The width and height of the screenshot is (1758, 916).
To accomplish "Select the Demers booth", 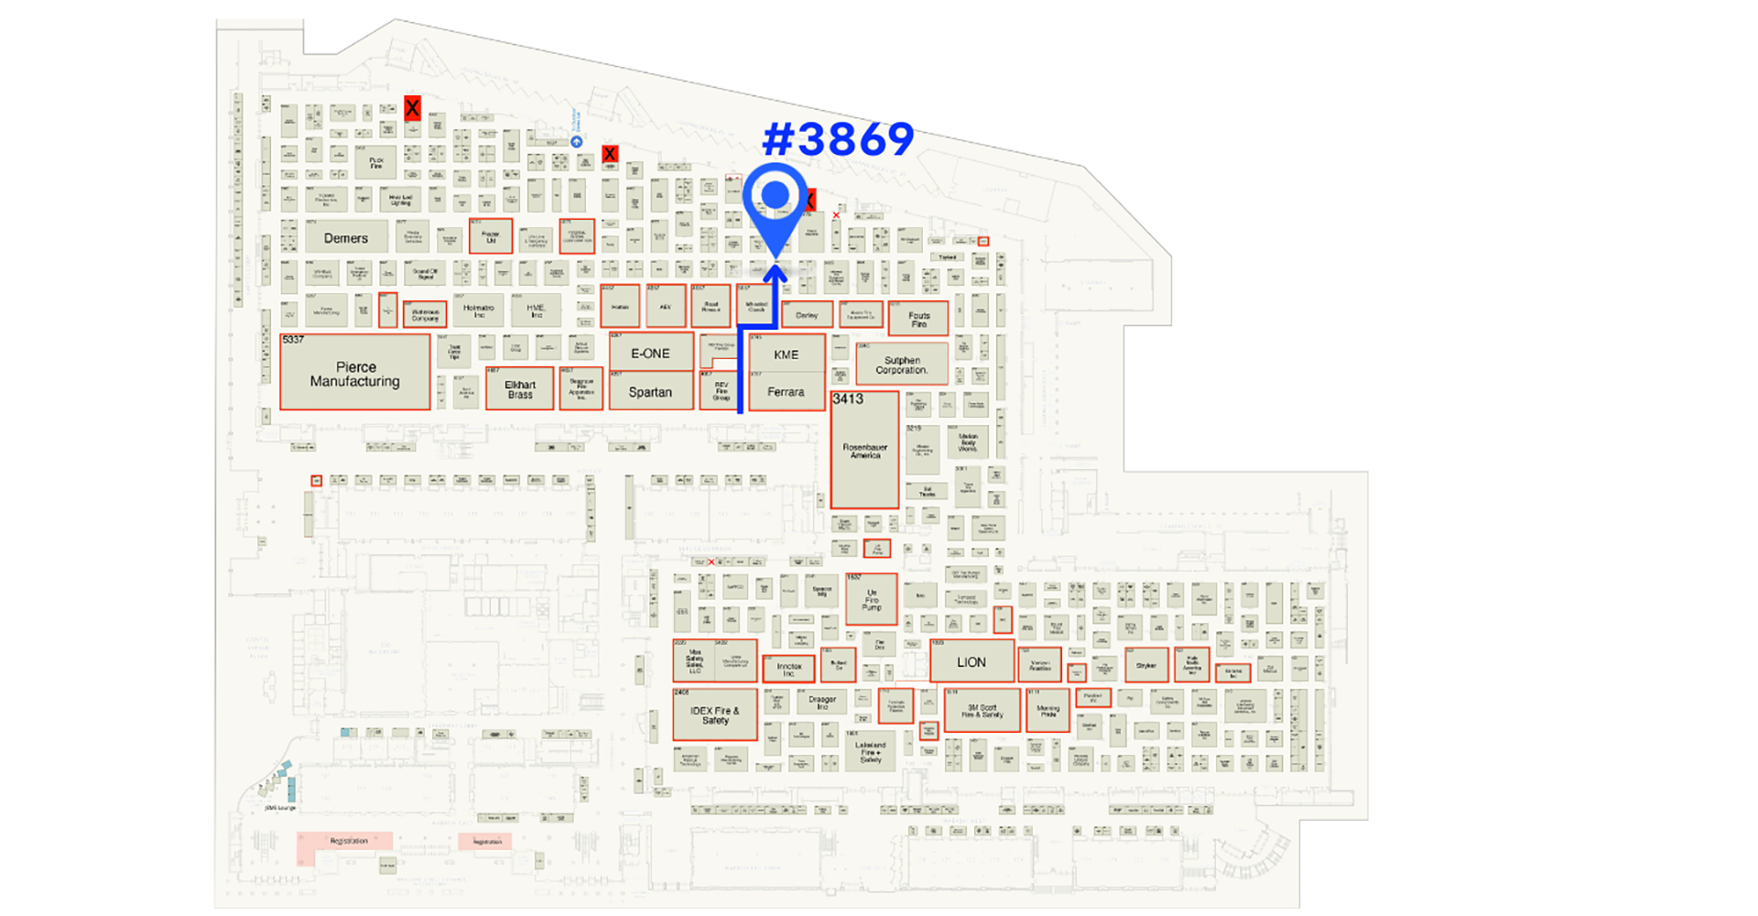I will [345, 237].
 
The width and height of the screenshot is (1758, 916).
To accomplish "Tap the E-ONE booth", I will [650, 353].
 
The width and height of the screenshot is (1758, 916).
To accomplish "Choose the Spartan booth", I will [650, 391].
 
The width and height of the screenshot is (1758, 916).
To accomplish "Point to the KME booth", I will [786, 354].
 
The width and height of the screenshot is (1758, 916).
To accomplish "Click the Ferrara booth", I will [786, 391].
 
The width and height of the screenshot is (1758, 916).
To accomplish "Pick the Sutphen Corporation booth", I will [901, 365].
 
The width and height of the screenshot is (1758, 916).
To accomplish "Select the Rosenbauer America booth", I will [864, 451].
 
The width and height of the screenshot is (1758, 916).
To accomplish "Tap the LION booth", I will [971, 661].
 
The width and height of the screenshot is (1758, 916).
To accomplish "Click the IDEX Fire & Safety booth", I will [714, 714].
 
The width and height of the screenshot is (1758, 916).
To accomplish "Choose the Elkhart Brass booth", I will [519, 388].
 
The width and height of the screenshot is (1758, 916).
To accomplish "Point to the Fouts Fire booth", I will [918, 319].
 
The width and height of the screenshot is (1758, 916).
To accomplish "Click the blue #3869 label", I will [838, 139].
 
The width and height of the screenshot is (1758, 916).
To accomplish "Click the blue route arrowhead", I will [776, 271].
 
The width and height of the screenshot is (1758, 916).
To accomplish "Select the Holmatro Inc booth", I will [478, 311].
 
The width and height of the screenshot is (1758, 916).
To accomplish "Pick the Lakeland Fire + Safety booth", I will [870, 751].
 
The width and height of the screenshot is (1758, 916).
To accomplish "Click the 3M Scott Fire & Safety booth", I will [982, 711].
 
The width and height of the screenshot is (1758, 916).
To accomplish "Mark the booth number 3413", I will [848, 399].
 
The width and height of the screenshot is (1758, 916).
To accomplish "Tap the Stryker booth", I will [1145, 665].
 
